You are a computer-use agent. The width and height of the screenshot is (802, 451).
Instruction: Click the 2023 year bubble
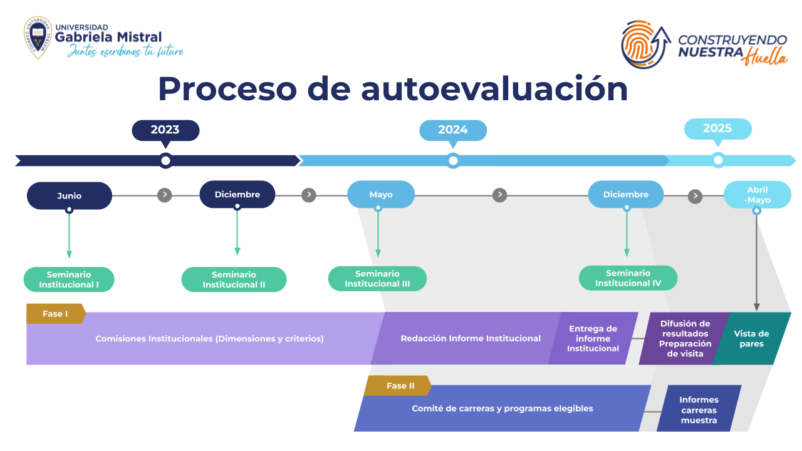165,131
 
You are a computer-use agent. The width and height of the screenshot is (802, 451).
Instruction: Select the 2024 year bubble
453,131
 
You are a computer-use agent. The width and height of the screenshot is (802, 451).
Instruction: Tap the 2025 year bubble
717,129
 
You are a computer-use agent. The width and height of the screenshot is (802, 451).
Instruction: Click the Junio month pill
70,196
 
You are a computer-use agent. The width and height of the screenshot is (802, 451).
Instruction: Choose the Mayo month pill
381,194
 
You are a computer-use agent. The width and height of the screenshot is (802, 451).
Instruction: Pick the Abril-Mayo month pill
758,195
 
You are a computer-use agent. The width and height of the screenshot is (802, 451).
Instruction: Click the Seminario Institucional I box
69,279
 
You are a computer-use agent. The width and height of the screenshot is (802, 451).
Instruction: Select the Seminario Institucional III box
377,279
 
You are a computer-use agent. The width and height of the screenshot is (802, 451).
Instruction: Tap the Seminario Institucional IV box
628,278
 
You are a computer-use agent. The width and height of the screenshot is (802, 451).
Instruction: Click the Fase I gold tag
56,314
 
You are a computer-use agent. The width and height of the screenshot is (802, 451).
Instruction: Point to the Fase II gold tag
398,385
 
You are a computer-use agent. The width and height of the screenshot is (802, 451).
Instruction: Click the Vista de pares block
751,339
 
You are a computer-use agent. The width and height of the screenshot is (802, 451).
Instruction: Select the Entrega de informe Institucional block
593,339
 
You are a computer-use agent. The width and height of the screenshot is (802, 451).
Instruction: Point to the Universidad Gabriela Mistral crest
38,37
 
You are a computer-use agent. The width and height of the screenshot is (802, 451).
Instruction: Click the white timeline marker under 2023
165,161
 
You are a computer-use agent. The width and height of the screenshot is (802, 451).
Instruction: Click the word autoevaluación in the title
494,89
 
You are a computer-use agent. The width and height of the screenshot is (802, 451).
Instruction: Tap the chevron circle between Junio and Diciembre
165,195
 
